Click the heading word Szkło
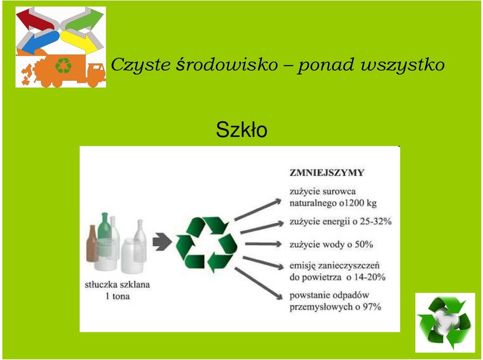242,130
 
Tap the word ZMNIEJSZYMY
327,172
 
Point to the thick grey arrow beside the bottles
162,241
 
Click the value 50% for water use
364,244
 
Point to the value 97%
372,307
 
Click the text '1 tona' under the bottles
117,296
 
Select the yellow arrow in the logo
78,42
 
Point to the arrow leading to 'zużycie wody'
263,244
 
